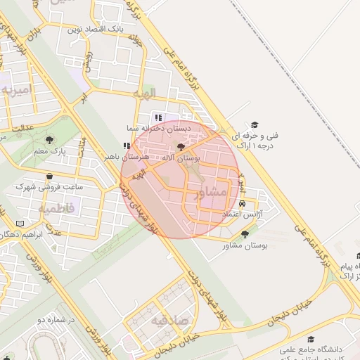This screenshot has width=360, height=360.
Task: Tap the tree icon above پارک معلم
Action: [49, 140]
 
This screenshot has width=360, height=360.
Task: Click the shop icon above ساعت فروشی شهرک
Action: [49, 176]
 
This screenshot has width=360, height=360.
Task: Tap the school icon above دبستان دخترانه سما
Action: [158, 117]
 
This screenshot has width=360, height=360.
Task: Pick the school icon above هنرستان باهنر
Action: [127, 146]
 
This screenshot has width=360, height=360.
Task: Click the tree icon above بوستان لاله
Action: [181, 147]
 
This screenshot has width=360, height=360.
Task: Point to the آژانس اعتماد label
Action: [242, 213]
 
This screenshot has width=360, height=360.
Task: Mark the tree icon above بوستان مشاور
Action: [245, 234]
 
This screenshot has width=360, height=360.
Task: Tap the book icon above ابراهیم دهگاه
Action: [19, 223]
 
